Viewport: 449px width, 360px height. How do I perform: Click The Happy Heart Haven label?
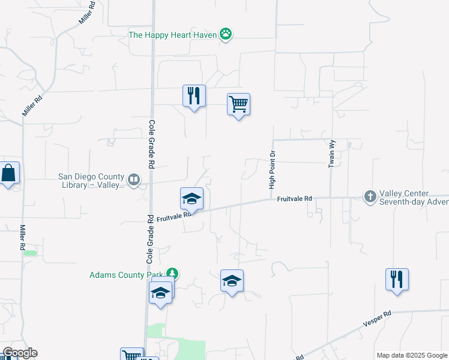coord(172,34)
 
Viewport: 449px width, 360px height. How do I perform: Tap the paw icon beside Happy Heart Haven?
coord(226,34)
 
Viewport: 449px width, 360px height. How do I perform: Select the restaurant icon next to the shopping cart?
coord(194,96)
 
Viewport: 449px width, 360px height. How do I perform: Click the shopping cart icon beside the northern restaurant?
coord(238,104)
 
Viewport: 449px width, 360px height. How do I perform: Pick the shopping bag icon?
coord(9,173)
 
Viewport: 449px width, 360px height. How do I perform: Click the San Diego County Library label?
coord(91,181)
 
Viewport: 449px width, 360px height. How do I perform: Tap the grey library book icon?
coord(134,178)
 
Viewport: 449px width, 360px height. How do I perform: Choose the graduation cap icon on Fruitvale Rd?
coord(191,199)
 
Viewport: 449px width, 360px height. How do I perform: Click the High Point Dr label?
coord(272,170)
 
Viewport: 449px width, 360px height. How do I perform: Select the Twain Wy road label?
coord(331,154)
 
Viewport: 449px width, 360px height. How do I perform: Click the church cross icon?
coord(370,196)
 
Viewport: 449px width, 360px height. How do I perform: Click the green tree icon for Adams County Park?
coord(173,274)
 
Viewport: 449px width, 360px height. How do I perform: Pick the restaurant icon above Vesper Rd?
coord(397,279)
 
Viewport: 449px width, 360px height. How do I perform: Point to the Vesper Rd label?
coord(377,318)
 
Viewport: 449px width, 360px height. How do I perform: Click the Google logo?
coord(19,353)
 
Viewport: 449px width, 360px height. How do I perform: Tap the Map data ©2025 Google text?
coord(412,355)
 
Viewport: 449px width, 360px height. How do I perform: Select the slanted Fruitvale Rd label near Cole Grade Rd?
coord(174,217)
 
